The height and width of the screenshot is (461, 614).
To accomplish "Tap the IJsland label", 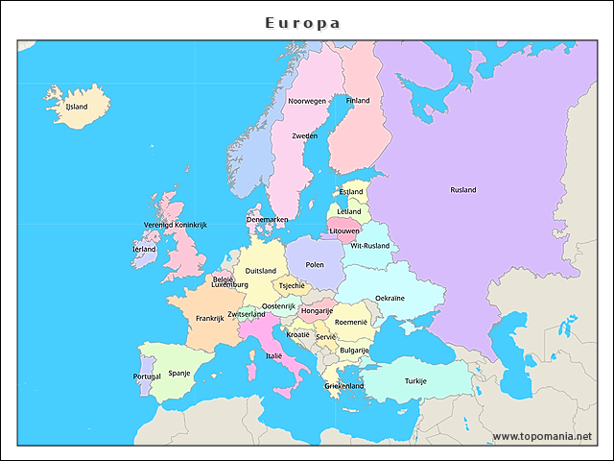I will [x=76, y=107].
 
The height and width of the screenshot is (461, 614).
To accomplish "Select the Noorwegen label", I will [x=307, y=101].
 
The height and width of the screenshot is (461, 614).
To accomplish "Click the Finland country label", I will [x=358, y=101].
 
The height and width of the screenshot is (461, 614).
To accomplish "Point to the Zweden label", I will [x=305, y=136].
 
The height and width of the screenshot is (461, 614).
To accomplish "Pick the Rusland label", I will [x=462, y=190].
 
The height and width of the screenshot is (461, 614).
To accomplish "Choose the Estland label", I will [x=351, y=192].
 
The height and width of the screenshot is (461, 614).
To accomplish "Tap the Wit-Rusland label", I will [x=370, y=246].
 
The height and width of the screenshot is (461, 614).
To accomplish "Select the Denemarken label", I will [x=267, y=220].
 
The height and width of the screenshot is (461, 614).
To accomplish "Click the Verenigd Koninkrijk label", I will [x=176, y=225].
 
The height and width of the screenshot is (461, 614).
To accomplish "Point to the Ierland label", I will [x=144, y=249].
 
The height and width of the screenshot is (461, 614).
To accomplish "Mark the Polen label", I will [x=315, y=264].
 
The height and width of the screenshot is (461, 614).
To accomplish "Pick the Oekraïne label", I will [x=390, y=299].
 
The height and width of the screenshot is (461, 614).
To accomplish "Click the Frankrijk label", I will [x=209, y=319].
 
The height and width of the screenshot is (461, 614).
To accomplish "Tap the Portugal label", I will [x=147, y=376].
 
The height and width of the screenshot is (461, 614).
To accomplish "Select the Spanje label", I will [x=179, y=373].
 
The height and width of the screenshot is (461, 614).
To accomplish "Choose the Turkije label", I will [x=415, y=380].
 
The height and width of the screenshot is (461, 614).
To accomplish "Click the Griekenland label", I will [x=343, y=386].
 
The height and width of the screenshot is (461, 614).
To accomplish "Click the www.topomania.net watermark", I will [x=542, y=436].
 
